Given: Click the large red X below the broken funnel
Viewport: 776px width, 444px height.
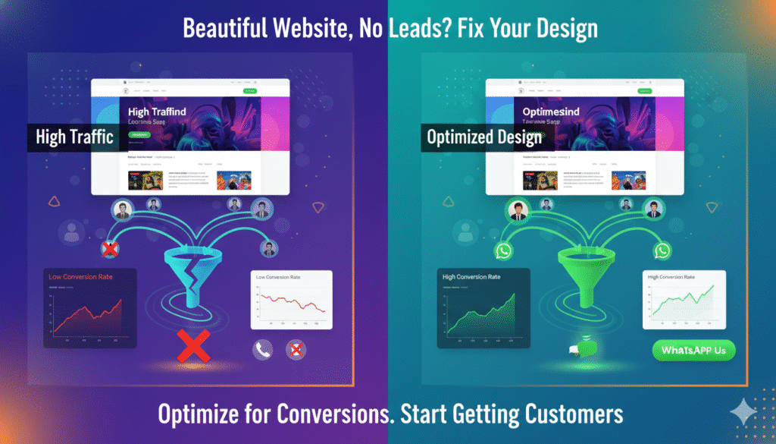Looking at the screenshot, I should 192,345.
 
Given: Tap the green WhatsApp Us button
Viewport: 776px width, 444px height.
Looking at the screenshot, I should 693,351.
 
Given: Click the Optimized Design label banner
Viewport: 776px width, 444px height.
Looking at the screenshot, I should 484,137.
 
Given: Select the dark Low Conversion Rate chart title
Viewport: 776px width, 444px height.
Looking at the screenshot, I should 80,277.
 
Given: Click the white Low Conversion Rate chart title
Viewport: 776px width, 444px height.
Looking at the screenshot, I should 278,278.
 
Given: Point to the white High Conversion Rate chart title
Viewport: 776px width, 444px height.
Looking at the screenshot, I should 671,278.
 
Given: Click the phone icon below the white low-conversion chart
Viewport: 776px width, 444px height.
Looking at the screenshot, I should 263,349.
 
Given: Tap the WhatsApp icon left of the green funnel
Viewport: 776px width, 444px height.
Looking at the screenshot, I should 503,250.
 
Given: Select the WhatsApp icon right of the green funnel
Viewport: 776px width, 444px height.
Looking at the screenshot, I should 663,250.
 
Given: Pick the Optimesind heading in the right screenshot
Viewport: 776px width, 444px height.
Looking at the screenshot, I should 551,112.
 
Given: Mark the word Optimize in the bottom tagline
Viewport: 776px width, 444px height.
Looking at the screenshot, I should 194,414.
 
